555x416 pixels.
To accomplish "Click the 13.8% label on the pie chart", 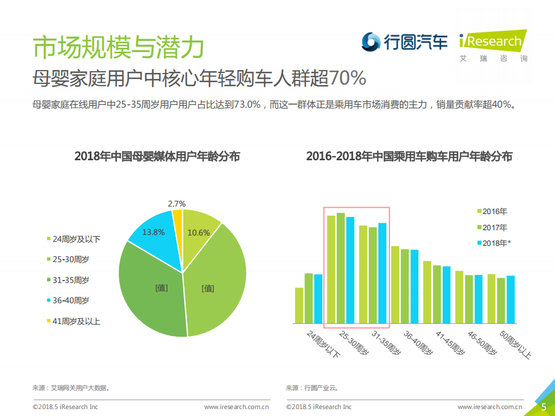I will (x=153, y=232).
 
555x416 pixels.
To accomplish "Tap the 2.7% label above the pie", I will (x=177, y=204).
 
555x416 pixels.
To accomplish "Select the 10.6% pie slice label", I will (x=199, y=233).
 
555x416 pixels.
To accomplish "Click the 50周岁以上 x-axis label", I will (x=514, y=345).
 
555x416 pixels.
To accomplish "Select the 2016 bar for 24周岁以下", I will (x=299, y=305).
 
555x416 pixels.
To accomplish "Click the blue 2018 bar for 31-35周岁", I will (x=382, y=273).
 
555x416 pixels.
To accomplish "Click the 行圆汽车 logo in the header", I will (x=405, y=42).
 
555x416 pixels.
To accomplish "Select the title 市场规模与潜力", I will (x=118, y=47).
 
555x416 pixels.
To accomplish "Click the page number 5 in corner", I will (x=543, y=406).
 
